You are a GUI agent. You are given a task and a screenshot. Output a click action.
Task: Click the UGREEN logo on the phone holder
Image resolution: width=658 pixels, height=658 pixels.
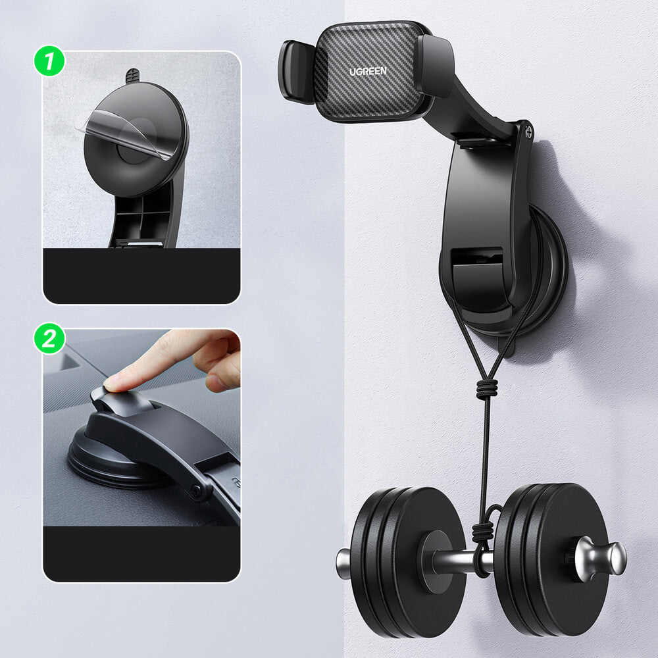pyautogui.click(x=368, y=70)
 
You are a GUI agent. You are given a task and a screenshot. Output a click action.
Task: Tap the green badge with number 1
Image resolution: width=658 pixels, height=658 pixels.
pyautogui.click(x=50, y=63)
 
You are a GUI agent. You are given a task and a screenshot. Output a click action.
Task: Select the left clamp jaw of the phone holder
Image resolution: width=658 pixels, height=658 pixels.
pyautogui.click(x=295, y=71)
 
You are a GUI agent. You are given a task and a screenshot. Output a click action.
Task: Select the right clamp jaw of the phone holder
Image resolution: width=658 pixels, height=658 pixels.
pyautogui.click(x=434, y=66)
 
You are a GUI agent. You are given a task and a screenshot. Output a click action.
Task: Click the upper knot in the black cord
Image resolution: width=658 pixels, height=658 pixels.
pyautogui.click(x=486, y=389)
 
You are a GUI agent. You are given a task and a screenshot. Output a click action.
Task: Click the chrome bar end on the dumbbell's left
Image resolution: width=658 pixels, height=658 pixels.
pyautogui.click(x=343, y=563)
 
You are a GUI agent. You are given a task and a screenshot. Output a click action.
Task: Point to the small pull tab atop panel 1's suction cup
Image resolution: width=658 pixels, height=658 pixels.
pyautogui.click(x=132, y=76)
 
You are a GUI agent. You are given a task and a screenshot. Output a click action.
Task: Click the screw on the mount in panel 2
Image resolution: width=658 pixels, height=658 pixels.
pyautogui.click(x=195, y=490)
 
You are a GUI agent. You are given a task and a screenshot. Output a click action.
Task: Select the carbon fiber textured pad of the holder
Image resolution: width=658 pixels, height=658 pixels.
pyautogui.click(x=367, y=72)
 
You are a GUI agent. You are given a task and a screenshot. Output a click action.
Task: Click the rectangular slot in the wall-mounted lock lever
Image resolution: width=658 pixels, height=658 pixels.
pyautogui.click(x=477, y=257)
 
